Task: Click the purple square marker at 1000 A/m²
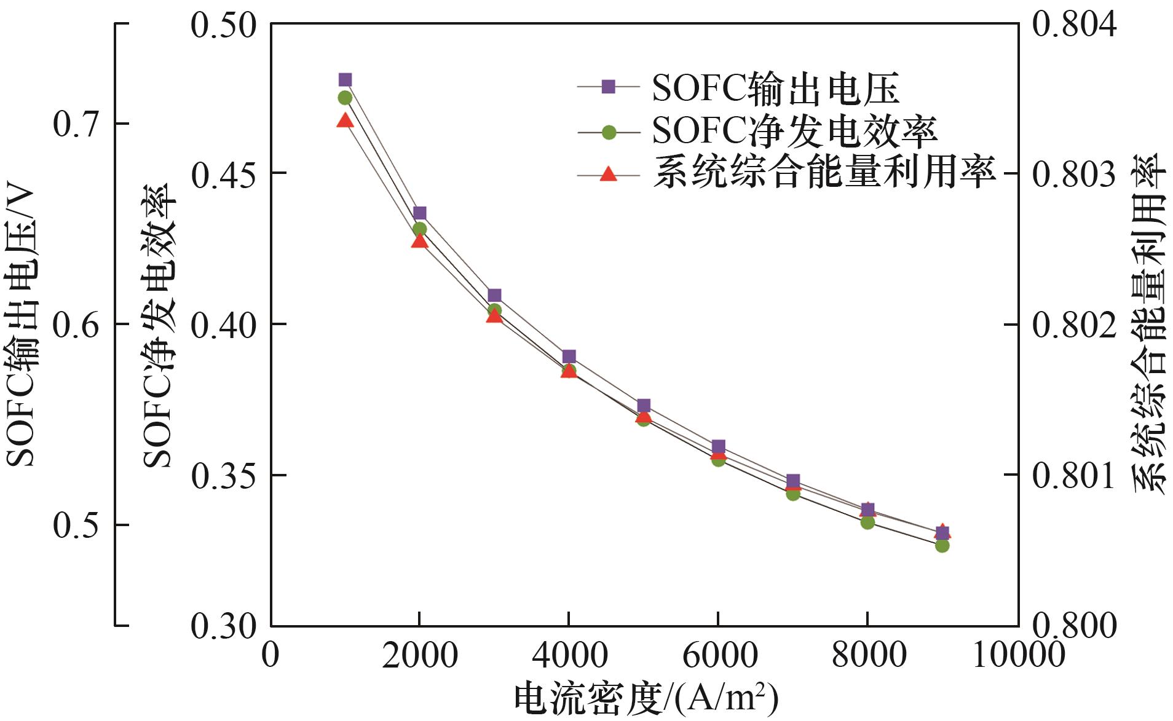tap(345, 80)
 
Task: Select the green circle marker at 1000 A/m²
tap(345, 98)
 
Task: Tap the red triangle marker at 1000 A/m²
tap(345, 120)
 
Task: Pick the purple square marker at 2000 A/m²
tap(419, 213)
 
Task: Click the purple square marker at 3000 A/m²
tap(494, 295)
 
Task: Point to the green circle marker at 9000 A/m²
tap(942, 545)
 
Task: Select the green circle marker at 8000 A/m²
tap(867, 522)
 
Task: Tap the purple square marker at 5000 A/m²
tap(644, 406)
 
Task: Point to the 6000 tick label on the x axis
tap(719, 656)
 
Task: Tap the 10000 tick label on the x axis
tap(1018, 656)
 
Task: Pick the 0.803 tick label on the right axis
tap(1073, 175)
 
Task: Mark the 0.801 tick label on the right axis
tap(1073, 476)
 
